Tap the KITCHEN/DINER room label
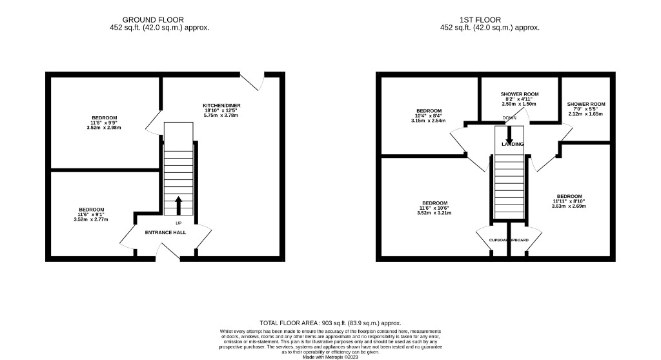coord(221,105)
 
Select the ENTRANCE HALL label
coord(165,232)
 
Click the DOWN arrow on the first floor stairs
coord(509,134)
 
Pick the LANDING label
coord(513,144)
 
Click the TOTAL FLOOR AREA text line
coord(330,323)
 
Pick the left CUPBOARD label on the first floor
coord(498,240)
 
